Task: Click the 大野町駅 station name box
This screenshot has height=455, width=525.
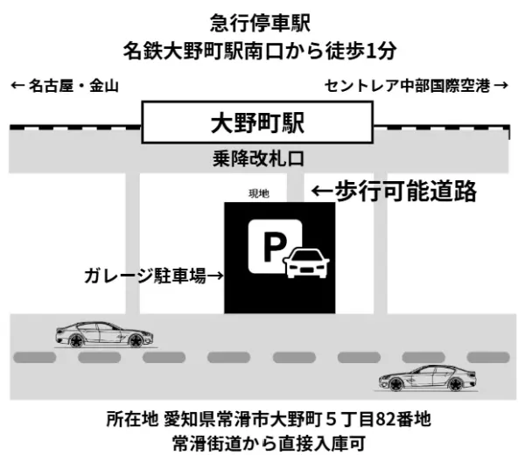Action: point(256,123)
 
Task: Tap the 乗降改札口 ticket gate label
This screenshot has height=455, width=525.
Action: point(256,160)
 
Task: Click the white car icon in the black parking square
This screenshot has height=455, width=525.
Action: point(308,262)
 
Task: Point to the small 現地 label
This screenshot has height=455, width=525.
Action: point(261,192)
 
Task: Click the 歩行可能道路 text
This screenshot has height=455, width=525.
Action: point(406,191)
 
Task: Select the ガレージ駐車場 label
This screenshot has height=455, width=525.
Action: point(144,276)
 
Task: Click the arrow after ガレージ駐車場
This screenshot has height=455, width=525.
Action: point(214,276)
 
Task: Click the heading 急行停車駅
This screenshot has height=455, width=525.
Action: point(262,20)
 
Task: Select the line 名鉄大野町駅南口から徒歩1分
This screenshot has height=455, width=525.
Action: point(262,50)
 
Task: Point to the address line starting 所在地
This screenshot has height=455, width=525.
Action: point(262,418)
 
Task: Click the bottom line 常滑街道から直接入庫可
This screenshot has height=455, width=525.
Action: point(262,442)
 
